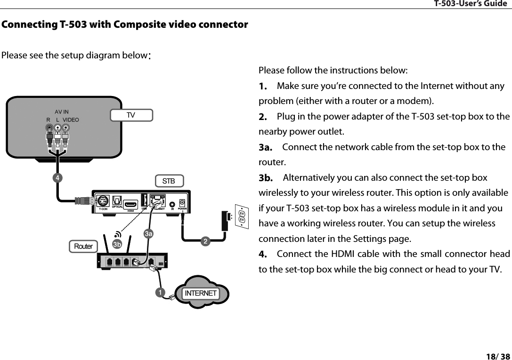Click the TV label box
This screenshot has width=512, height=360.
tap(131, 115)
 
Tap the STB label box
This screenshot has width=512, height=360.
tap(169, 181)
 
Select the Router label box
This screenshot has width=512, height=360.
tap(83, 246)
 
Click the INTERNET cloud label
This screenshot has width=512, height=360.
tap(201, 293)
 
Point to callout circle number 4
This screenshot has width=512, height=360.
tap(57, 178)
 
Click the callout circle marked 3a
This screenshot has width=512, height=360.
tap(149, 233)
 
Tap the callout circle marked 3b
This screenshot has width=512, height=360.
tap(117, 244)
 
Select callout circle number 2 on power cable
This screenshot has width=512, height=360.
tap(205, 241)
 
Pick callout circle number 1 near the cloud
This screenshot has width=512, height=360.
tap(161, 292)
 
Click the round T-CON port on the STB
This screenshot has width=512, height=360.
tap(104, 201)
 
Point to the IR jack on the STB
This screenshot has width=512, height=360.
tap(173, 205)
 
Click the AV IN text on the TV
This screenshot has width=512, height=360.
tap(62, 112)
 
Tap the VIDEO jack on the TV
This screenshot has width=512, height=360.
tap(66, 128)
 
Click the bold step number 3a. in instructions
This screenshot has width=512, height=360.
tap(266, 148)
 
